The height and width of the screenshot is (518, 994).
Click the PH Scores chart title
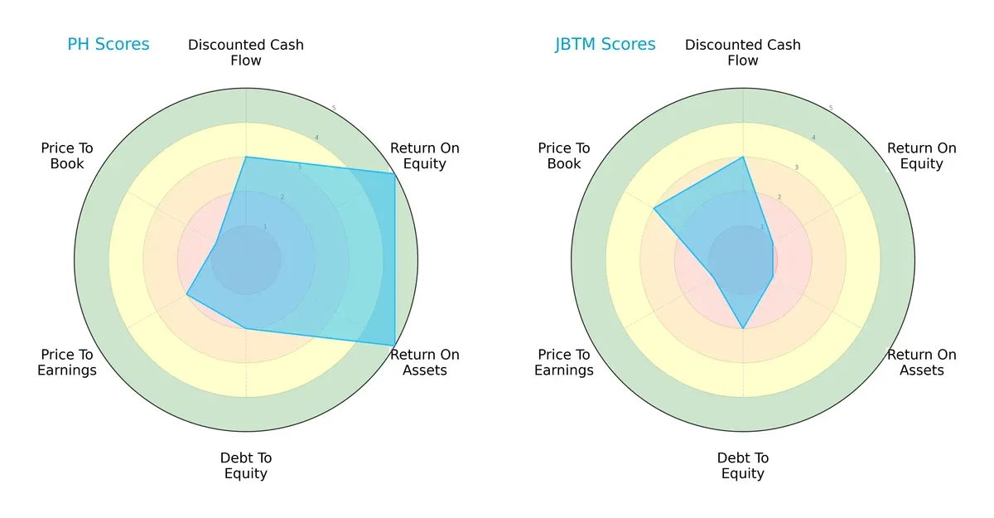tap(109, 45)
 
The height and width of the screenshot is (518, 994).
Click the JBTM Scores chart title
tap(606, 45)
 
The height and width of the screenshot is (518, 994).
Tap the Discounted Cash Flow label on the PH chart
tap(246, 52)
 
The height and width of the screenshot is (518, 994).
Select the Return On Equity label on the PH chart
tap(425, 156)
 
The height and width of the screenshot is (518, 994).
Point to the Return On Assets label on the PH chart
tap(425, 362)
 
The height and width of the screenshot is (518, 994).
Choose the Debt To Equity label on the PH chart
tap(246, 466)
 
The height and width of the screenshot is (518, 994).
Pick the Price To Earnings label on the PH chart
tap(67, 362)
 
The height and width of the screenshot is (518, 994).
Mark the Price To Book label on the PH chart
tap(67, 156)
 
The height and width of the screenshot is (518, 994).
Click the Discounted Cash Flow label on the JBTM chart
tap(743, 52)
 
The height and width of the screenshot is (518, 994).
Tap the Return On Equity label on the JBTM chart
tap(922, 156)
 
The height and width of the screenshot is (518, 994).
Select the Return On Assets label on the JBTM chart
tap(922, 362)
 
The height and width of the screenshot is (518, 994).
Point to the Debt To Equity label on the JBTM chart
tap(743, 466)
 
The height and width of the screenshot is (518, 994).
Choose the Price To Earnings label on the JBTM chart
tap(564, 362)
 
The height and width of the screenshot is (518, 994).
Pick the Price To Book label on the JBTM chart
tap(564, 156)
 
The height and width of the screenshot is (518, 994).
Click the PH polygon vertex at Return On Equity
tap(394, 173)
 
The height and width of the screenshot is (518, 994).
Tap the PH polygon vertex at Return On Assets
tap(394, 345)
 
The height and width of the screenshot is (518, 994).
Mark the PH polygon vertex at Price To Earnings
tap(187, 294)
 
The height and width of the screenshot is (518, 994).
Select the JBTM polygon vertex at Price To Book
tap(654, 208)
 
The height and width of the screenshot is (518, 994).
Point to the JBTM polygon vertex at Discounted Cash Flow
tap(743, 157)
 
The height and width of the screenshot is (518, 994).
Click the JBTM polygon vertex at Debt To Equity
tap(743, 328)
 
